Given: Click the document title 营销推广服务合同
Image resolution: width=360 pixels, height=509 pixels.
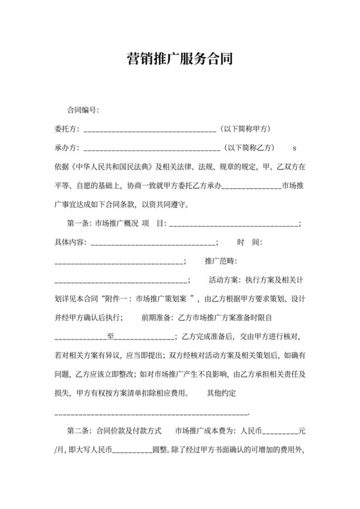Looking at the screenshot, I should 179,60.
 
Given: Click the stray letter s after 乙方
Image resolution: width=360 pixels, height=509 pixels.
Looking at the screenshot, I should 295,148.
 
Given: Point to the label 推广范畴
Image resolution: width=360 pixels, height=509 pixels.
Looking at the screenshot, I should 221,261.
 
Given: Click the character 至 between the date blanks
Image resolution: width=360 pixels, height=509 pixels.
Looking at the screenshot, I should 110,336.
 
